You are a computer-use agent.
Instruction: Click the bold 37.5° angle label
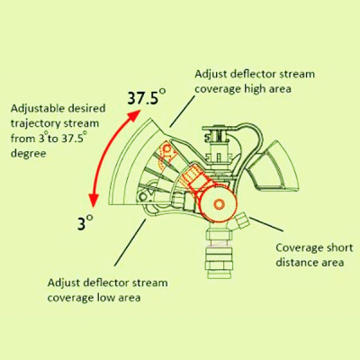tap(147, 96)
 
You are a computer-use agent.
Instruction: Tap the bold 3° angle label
tap(85, 222)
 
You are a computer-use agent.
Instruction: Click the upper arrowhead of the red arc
tap(135, 115)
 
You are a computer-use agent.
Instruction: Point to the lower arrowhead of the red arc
tap(94, 201)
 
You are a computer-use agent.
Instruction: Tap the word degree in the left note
tap(29, 154)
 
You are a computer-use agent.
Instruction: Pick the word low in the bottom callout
tap(104, 298)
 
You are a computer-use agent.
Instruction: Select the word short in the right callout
tap(339, 247)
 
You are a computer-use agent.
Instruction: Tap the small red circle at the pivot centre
tap(219, 204)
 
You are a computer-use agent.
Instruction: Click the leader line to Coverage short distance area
tap(266, 224)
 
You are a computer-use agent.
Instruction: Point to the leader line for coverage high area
tap(183, 112)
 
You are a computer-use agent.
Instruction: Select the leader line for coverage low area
tap(130, 242)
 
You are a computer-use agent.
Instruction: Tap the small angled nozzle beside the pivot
tap(241, 221)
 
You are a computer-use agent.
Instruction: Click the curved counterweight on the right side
tap(273, 168)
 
